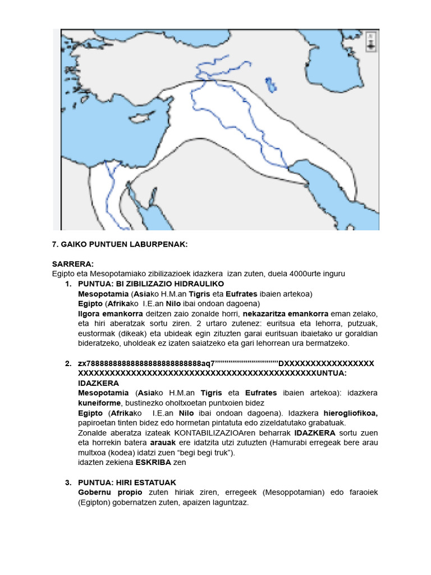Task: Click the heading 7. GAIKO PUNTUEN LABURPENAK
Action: [120, 245]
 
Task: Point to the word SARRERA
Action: [73, 264]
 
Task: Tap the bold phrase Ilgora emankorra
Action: [111, 313]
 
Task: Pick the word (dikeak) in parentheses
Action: [129, 333]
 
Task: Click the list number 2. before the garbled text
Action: [68, 363]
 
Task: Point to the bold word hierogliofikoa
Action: [351, 413]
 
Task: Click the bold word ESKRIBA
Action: [155, 462]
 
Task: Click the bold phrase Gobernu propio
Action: [106, 492]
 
